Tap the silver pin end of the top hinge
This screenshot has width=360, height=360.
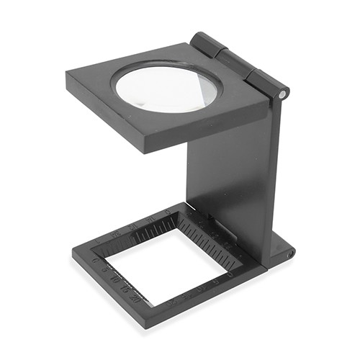click(x=284, y=93)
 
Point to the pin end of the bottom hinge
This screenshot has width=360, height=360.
click(x=291, y=254)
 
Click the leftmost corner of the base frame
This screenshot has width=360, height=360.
click(x=73, y=254)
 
